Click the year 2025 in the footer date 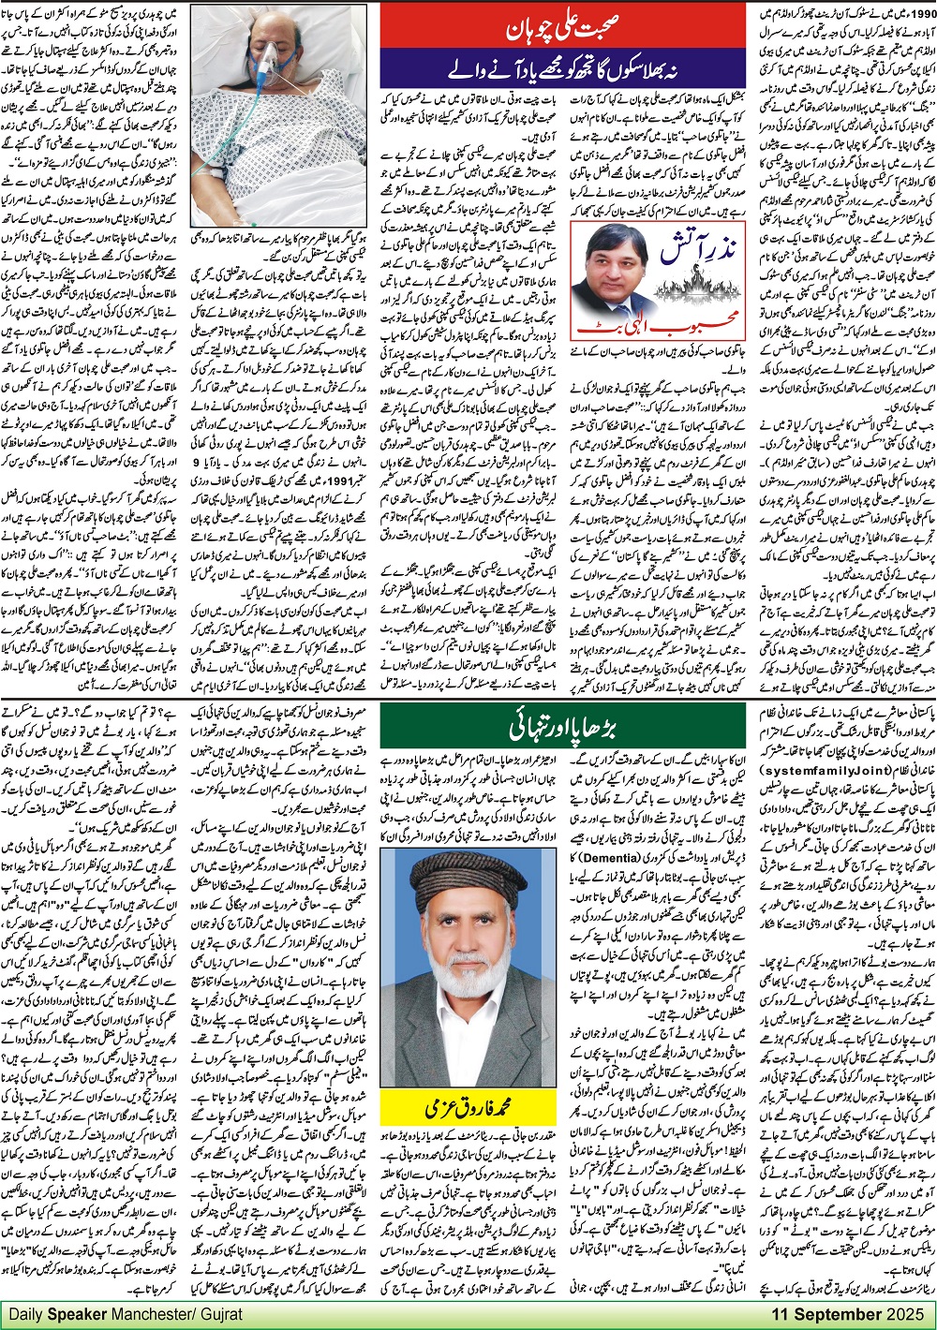(904, 1314)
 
